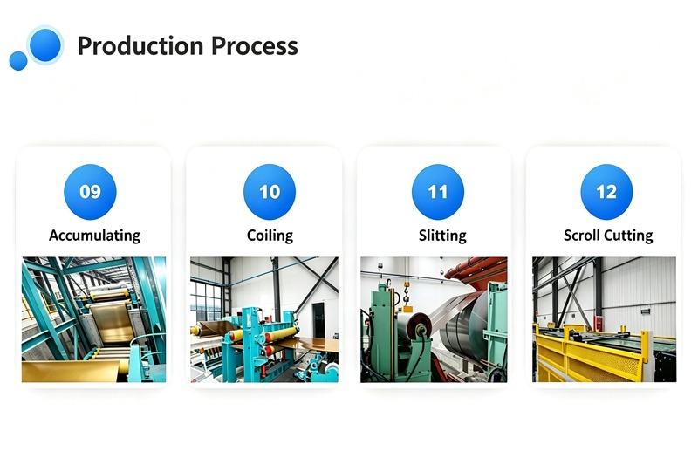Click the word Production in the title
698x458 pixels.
141,46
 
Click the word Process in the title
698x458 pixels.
255,46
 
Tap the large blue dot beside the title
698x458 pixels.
44,45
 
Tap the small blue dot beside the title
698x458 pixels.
18,60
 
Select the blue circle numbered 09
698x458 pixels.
91,192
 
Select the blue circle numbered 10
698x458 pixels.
270,192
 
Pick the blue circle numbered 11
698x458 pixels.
438,192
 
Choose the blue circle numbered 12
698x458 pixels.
606,192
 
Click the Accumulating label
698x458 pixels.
95,236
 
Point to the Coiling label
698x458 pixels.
270,236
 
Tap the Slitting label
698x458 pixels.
442,236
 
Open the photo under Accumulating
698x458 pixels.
94,319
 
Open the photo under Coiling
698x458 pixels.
264,319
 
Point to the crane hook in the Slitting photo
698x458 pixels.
406,293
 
